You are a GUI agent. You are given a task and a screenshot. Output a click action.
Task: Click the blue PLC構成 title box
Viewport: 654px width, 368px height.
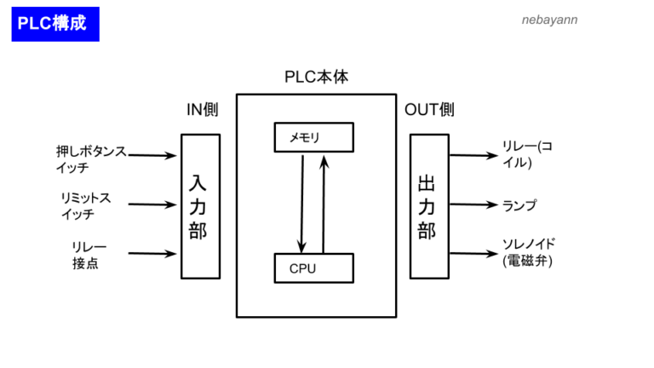coord(55,24)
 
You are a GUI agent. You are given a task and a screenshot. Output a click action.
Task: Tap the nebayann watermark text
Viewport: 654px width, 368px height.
coord(548,19)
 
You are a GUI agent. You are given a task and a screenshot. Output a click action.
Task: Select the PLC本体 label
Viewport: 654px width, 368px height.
coord(316,78)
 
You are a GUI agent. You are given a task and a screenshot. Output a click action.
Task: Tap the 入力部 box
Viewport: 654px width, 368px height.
coord(200,206)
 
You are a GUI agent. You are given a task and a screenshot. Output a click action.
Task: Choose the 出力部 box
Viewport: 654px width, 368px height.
coord(428,206)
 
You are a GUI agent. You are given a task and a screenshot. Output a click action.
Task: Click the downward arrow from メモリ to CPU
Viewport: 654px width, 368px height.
coord(301,201)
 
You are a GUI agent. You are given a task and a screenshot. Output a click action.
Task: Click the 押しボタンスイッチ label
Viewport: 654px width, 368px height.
coord(90,159)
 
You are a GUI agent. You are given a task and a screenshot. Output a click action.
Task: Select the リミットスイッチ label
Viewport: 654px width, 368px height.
coord(85,205)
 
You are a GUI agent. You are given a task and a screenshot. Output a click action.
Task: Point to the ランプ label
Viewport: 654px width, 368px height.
coord(519,205)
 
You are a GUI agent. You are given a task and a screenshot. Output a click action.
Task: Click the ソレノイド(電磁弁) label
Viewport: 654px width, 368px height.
coord(529,253)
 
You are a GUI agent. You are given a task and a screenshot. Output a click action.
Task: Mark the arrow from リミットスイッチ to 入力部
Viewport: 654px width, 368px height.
coord(152,204)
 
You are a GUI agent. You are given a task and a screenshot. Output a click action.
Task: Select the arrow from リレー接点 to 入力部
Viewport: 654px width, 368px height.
coord(152,253)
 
